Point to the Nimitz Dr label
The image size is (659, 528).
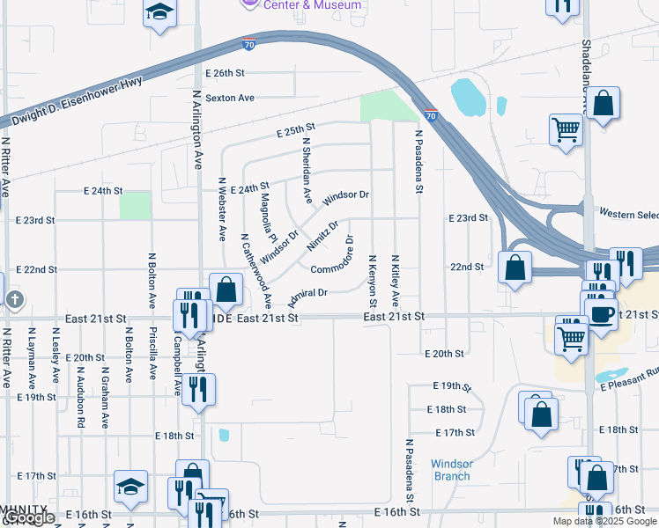tap(322, 237)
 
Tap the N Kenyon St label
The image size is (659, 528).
tap(374, 277)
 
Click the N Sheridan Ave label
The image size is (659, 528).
tap(307, 170)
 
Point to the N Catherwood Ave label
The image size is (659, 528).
tap(255, 270)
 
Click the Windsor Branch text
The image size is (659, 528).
tap(452, 470)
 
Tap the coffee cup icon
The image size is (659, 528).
tap(603, 313)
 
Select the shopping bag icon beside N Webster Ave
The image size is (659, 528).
tap(226, 289)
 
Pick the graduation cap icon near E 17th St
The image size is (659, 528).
tap(130, 487)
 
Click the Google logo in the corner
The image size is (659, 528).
tap(29, 518)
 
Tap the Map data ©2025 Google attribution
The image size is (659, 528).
tap(604, 521)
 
